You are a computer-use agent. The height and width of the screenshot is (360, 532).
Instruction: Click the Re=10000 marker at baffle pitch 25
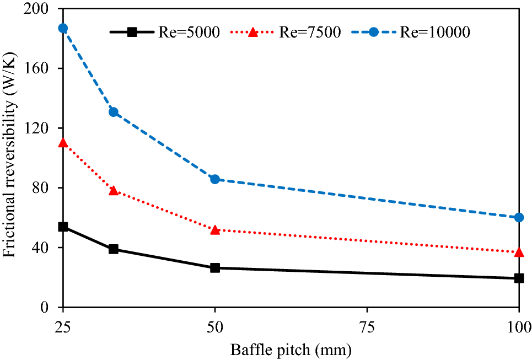click(x=63, y=28)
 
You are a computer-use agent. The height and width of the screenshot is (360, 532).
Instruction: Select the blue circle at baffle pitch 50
click(x=215, y=179)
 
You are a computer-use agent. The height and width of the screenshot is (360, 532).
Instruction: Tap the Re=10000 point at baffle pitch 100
click(x=519, y=217)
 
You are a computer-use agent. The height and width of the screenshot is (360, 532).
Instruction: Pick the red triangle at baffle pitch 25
click(x=63, y=143)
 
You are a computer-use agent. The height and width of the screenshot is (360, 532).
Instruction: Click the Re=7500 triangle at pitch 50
click(x=215, y=229)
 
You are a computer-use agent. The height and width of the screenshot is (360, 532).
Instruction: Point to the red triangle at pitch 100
click(x=519, y=252)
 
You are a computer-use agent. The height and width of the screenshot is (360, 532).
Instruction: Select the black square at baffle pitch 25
click(x=63, y=227)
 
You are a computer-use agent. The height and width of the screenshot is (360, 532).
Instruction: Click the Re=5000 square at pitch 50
click(x=215, y=268)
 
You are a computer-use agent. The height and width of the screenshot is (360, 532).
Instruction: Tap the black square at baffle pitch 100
click(x=519, y=278)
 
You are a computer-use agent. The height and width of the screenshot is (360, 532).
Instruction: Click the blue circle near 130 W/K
click(x=114, y=112)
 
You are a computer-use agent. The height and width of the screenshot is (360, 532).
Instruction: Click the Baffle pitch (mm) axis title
click(x=291, y=350)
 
